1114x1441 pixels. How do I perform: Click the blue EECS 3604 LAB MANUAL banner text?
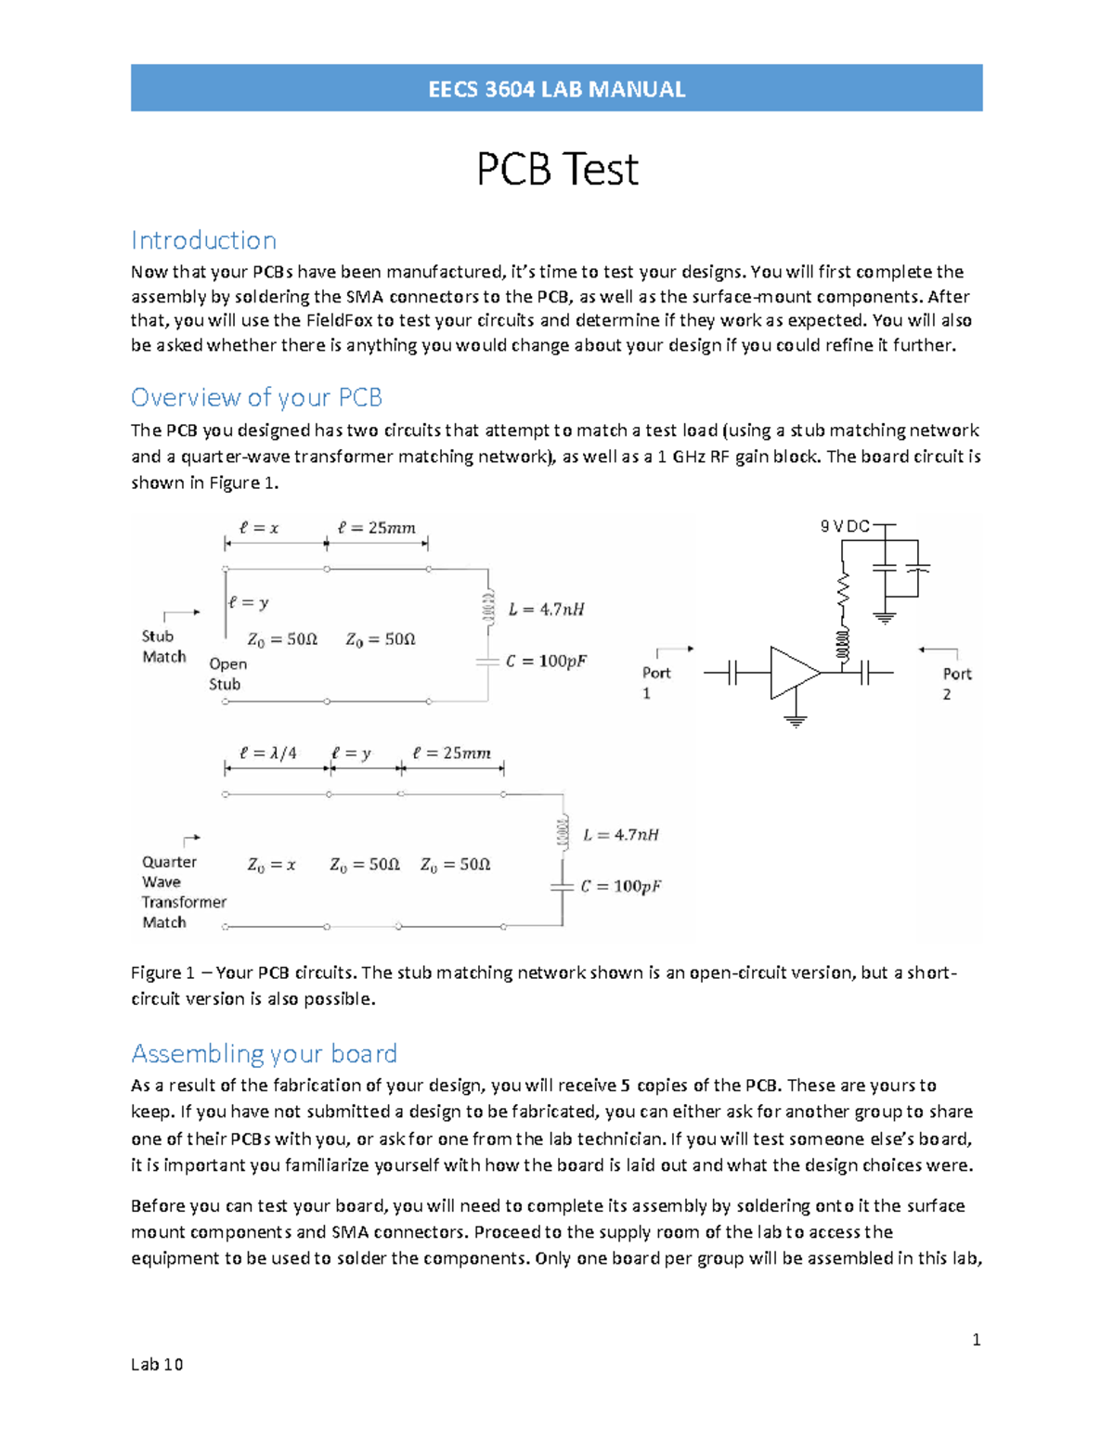click(x=556, y=89)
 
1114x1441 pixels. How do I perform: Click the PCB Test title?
click(x=557, y=169)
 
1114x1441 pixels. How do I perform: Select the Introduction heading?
click(x=203, y=240)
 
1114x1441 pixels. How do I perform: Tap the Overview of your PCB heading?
click(x=256, y=397)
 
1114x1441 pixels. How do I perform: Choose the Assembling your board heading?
click(x=264, y=1053)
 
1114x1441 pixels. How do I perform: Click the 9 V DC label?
click(x=844, y=526)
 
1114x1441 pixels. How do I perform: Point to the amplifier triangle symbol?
click(x=791, y=673)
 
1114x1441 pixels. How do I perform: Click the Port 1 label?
click(x=656, y=683)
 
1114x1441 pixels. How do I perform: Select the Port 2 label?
click(x=956, y=684)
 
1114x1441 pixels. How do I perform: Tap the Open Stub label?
click(x=227, y=674)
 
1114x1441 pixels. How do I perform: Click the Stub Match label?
click(x=163, y=647)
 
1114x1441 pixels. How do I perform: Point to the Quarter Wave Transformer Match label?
click(x=183, y=892)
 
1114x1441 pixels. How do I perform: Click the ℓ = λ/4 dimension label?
click(x=268, y=753)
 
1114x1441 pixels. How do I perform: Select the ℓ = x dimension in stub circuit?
click(x=259, y=527)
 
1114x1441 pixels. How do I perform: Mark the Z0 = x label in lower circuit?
click(x=271, y=865)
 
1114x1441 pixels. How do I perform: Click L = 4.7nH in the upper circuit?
click(x=547, y=610)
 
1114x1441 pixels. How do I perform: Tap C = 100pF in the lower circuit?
click(x=621, y=886)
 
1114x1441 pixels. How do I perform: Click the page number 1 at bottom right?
click(x=976, y=1339)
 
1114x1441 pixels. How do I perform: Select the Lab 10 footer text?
click(x=157, y=1364)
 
